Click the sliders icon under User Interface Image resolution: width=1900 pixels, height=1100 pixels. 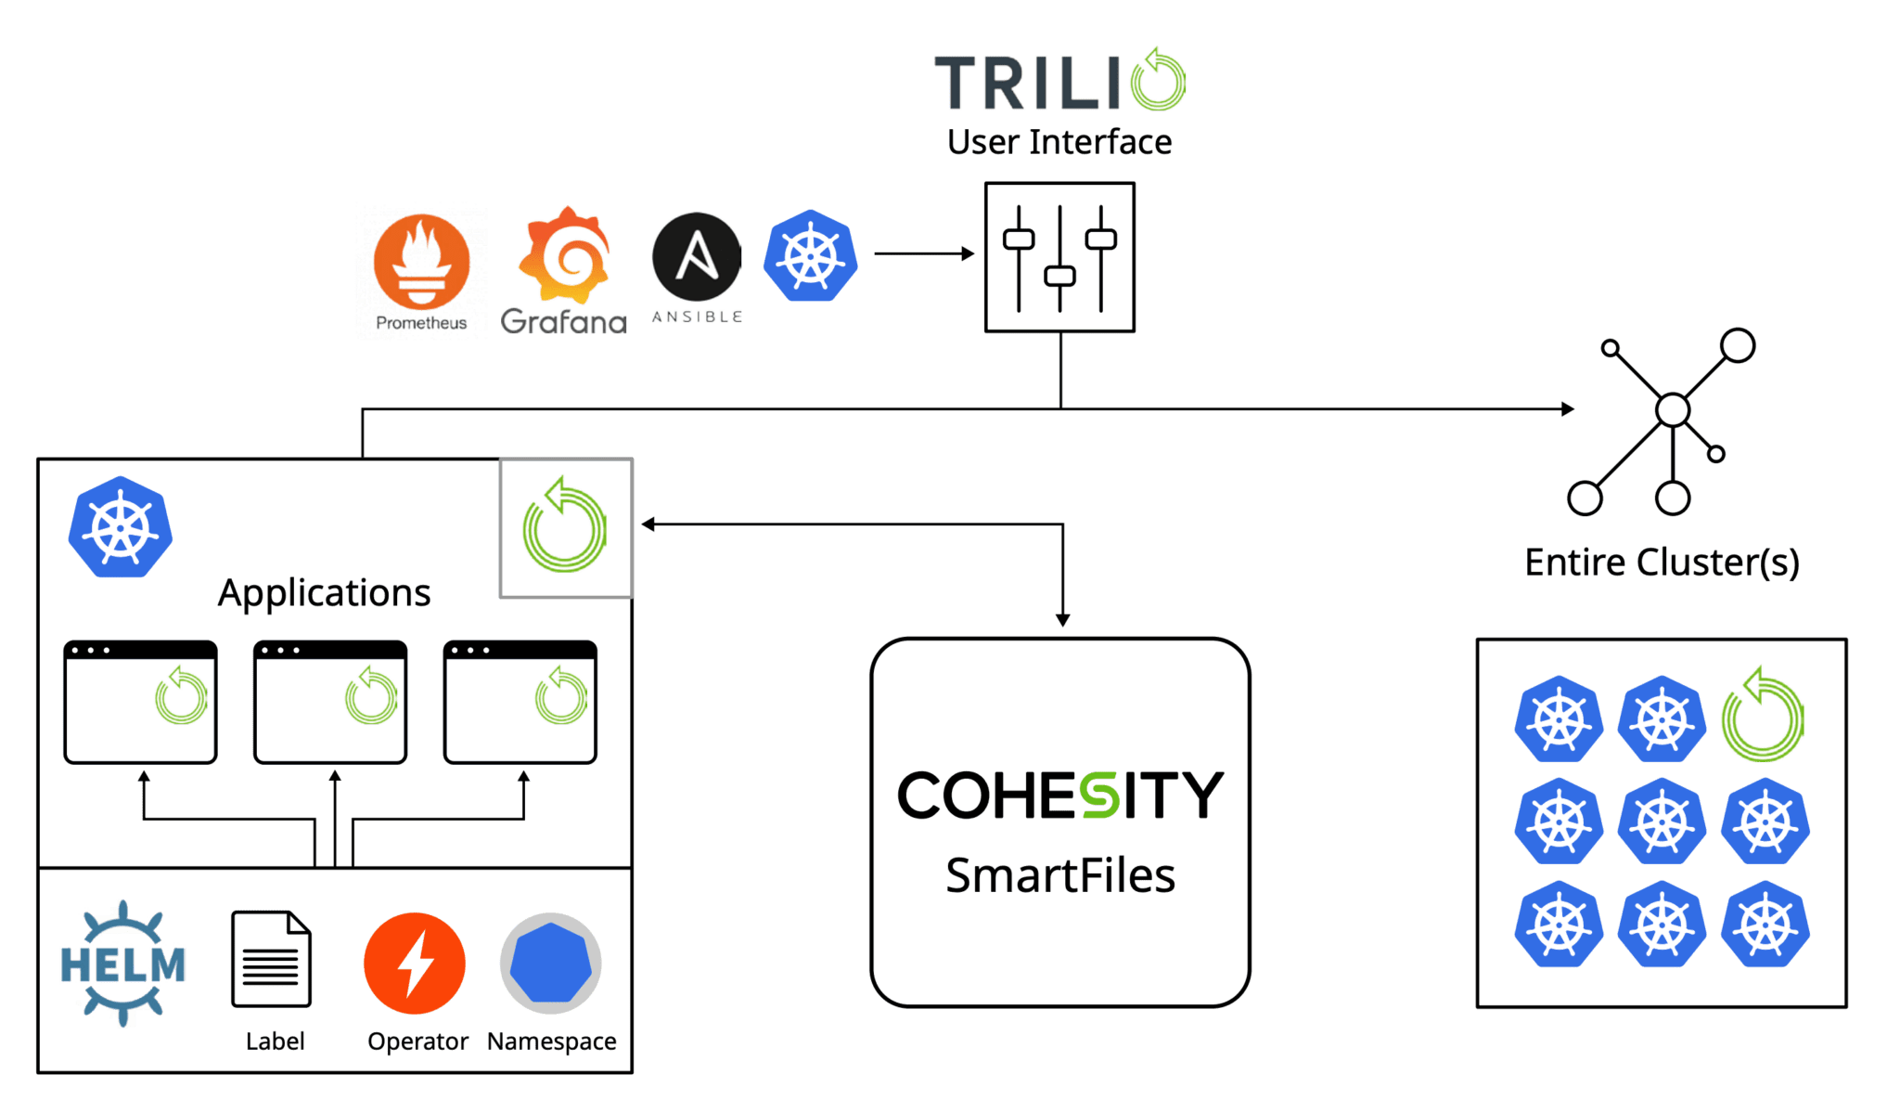(x=1059, y=257)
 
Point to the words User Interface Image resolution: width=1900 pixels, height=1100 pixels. (x=1059, y=143)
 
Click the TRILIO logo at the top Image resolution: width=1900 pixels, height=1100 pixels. (x=1059, y=82)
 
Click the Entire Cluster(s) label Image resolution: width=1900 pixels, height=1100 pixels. (x=1662, y=563)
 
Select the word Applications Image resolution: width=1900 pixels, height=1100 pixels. (x=324, y=592)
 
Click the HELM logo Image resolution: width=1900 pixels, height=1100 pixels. (x=122, y=964)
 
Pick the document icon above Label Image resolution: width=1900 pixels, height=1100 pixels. (x=271, y=959)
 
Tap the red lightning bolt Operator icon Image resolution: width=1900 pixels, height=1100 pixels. (x=415, y=964)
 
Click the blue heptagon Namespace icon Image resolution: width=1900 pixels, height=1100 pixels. (x=551, y=963)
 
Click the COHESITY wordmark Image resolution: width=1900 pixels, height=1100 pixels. (x=1059, y=795)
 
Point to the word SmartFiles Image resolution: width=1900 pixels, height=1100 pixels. (x=1059, y=875)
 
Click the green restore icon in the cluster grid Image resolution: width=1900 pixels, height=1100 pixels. (x=1761, y=718)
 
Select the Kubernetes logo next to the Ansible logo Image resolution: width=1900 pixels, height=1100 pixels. (x=810, y=255)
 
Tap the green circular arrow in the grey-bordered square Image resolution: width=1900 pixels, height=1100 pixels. (x=565, y=527)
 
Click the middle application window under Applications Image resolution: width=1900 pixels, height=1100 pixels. (x=330, y=703)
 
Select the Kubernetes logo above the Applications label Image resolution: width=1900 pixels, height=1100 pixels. (x=121, y=527)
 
